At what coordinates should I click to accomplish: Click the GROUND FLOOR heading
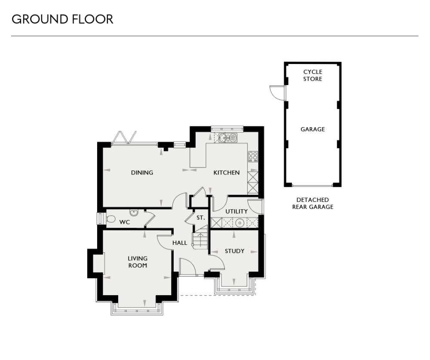(x=62, y=19)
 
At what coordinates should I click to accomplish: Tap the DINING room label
(x=142, y=173)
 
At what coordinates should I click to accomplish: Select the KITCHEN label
(x=227, y=173)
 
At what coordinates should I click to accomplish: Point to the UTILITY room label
(x=236, y=211)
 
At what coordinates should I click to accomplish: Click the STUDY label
(x=235, y=251)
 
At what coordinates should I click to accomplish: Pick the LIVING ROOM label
(x=138, y=262)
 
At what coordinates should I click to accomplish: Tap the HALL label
(x=180, y=243)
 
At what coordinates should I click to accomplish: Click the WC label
(x=125, y=223)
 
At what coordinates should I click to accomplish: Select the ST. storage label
(x=200, y=218)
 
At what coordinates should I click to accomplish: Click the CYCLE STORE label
(x=313, y=75)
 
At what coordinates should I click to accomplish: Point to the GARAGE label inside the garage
(x=313, y=129)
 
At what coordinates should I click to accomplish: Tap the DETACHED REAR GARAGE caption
(x=313, y=203)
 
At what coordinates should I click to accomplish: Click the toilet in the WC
(x=111, y=219)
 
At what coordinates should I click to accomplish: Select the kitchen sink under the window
(x=227, y=137)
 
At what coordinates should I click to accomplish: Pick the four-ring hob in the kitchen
(x=252, y=156)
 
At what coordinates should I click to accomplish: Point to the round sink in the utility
(x=240, y=223)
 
